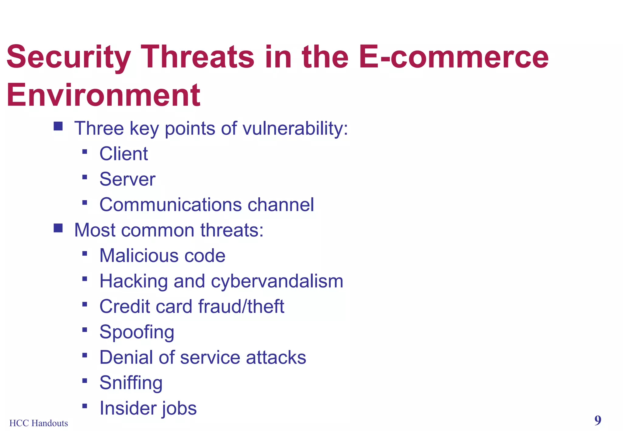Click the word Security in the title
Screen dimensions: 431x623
click(69, 58)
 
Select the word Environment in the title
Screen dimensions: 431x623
click(103, 95)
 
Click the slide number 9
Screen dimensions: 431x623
click(597, 421)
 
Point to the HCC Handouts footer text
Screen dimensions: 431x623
click(39, 423)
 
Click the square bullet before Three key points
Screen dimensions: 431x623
click(58, 126)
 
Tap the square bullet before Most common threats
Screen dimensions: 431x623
click(58, 228)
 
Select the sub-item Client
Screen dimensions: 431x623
click(124, 154)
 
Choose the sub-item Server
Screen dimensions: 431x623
click(127, 179)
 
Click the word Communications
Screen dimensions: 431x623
click(170, 205)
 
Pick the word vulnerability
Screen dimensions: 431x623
click(295, 129)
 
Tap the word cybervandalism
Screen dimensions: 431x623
click(277, 281)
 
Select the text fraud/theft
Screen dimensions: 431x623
click(241, 306)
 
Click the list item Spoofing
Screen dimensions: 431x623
click(137, 332)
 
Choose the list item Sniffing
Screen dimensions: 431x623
click(131, 383)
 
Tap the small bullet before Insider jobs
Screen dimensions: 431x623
click(85, 406)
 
